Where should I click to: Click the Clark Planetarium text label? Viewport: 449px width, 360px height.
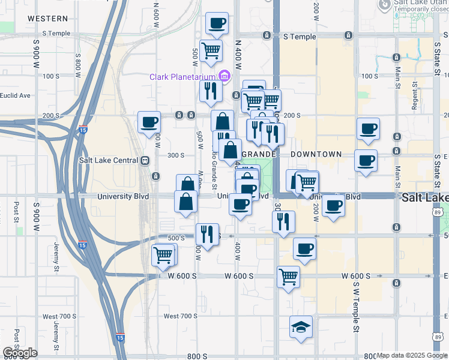(x=183, y=76)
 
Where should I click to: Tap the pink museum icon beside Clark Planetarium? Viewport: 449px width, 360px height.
(x=224, y=76)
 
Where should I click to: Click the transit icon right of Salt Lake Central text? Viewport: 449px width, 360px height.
(x=145, y=161)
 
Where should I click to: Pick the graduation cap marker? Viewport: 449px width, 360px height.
(x=301, y=327)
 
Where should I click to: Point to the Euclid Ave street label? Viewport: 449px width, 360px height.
(x=15, y=95)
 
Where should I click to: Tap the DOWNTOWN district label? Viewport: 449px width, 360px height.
(x=316, y=154)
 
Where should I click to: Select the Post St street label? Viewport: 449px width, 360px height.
(x=17, y=210)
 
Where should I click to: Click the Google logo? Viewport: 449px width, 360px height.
(x=20, y=353)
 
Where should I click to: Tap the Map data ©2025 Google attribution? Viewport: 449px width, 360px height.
(x=412, y=356)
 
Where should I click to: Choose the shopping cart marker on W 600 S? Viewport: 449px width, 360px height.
(x=288, y=277)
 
